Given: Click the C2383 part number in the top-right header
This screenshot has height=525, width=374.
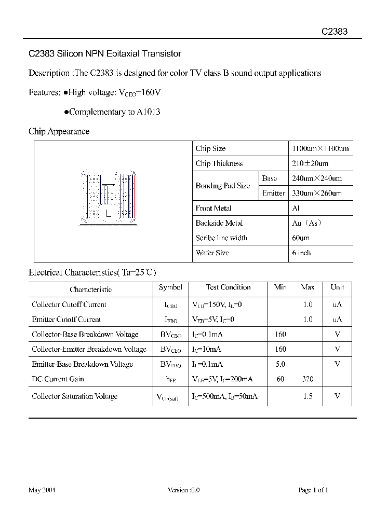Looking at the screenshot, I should [334, 31].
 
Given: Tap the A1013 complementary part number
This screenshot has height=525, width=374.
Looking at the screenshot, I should [149, 112].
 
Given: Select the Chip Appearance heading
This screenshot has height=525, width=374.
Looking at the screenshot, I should [59, 131].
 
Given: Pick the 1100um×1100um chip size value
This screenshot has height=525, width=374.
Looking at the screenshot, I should [320, 148].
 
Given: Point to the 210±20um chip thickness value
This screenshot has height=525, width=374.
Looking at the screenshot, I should [310, 163].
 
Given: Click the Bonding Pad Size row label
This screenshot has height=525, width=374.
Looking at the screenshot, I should [222, 186].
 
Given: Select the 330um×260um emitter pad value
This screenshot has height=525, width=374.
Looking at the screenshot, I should [317, 193].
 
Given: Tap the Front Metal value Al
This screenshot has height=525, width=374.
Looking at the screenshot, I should [297, 208].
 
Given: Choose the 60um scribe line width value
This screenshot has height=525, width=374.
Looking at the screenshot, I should [301, 238].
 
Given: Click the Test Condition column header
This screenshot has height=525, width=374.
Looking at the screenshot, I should [228, 287].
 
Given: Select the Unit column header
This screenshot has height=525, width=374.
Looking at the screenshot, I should [337, 287].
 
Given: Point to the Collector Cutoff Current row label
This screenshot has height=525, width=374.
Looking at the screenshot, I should [69, 305].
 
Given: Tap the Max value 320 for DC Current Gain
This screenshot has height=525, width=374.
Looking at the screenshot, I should [308, 379].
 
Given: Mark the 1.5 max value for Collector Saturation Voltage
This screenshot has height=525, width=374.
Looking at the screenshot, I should [308, 396].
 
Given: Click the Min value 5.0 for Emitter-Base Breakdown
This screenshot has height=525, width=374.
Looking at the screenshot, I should [280, 364].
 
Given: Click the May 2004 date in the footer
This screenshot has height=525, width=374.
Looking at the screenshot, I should [42, 490].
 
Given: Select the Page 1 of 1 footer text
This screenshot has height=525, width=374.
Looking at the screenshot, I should [313, 490].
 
